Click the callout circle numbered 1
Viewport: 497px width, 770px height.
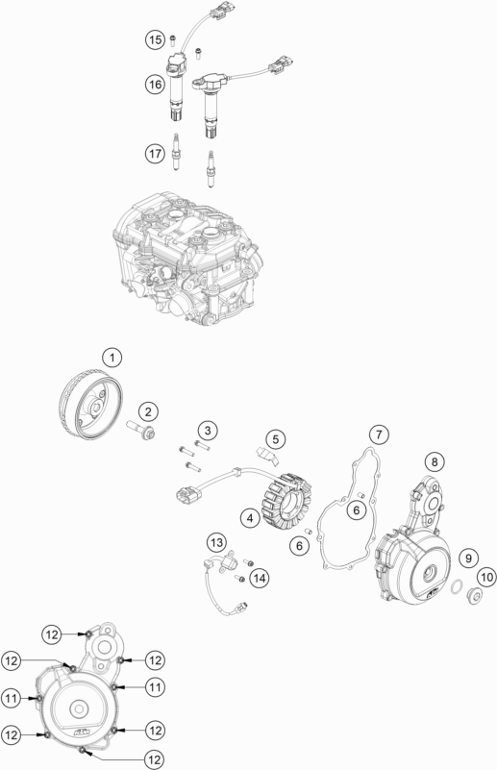coord(113,359)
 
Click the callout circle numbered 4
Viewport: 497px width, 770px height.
coord(248,517)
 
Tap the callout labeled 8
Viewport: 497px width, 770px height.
coord(435,462)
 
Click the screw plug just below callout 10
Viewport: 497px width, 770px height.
coord(473,597)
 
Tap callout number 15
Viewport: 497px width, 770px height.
coord(155,39)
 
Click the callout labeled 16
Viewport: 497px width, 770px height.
coord(155,86)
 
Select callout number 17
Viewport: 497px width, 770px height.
coord(155,151)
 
